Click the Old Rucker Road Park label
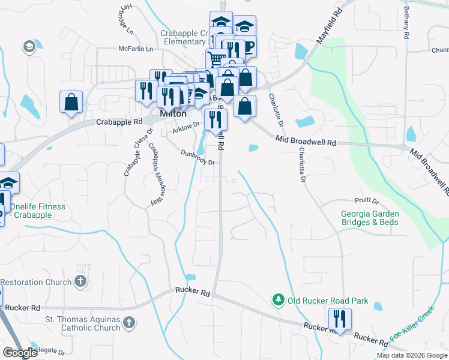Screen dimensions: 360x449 328,301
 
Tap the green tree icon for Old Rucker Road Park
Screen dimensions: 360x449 278,299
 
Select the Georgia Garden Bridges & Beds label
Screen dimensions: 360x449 370,218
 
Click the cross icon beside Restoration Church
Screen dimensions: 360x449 80,281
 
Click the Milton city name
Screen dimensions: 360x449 173,113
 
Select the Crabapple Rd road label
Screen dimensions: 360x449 119,121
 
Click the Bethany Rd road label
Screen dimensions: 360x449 406,23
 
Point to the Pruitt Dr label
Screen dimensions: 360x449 366,201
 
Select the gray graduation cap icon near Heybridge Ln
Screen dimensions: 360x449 29,46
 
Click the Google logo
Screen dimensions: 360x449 20,353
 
